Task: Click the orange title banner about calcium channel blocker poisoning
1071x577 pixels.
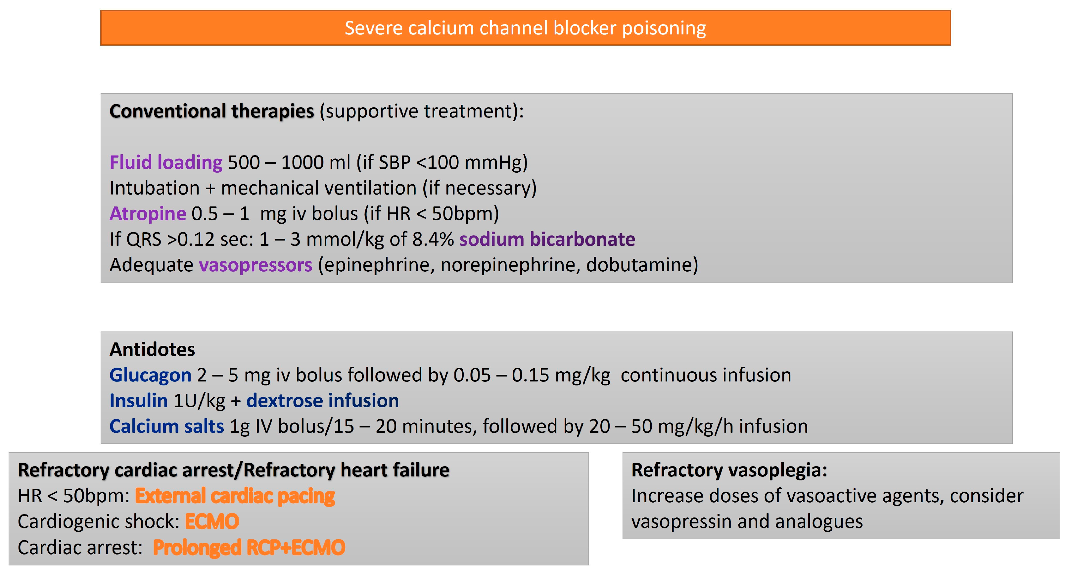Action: pyautogui.click(x=525, y=28)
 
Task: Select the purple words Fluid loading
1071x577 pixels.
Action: pyautogui.click(x=166, y=162)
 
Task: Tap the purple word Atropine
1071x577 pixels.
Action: pyautogui.click(x=148, y=214)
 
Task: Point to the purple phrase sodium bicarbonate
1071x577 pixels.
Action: pyautogui.click(x=547, y=240)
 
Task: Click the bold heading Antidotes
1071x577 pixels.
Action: pyautogui.click(x=152, y=349)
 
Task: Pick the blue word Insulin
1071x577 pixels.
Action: pyautogui.click(x=138, y=401)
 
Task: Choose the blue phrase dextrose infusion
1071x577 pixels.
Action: pyautogui.click(x=323, y=401)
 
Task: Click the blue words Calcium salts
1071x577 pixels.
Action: pyautogui.click(x=167, y=426)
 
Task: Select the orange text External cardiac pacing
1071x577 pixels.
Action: pyautogui.click(x=235, y=496)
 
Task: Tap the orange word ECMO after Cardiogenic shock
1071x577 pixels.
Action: pyautogui.click(x=211, y=522)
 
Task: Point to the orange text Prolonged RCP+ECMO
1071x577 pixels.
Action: pyautogui.click(x=249, y=548)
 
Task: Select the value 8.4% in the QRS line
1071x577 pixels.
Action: pyautogui.click(x=433, y=240)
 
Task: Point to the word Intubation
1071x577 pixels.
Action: pyautogui.click(x=155, y=188)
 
